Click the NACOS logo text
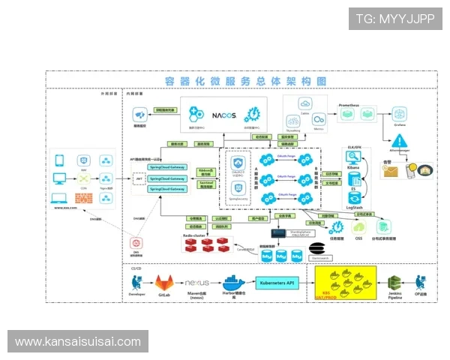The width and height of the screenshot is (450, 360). coord(223,115)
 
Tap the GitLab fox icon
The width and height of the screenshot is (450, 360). coord(164,283)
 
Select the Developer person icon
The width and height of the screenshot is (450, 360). coord(136,282)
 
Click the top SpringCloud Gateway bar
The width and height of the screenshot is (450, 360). coord(167,168)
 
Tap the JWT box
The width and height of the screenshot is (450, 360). coord(139,178)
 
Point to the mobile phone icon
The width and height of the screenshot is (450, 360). coord(60,160)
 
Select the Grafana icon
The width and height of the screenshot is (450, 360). coord(399,115)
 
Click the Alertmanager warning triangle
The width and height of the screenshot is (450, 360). coord(399,140)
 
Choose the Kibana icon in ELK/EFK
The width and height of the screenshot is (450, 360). coord(354,157)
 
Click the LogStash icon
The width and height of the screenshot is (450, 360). coord(354,196)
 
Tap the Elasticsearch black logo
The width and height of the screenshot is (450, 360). coord(316,248)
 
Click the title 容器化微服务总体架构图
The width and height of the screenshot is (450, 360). coord(246,80)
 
